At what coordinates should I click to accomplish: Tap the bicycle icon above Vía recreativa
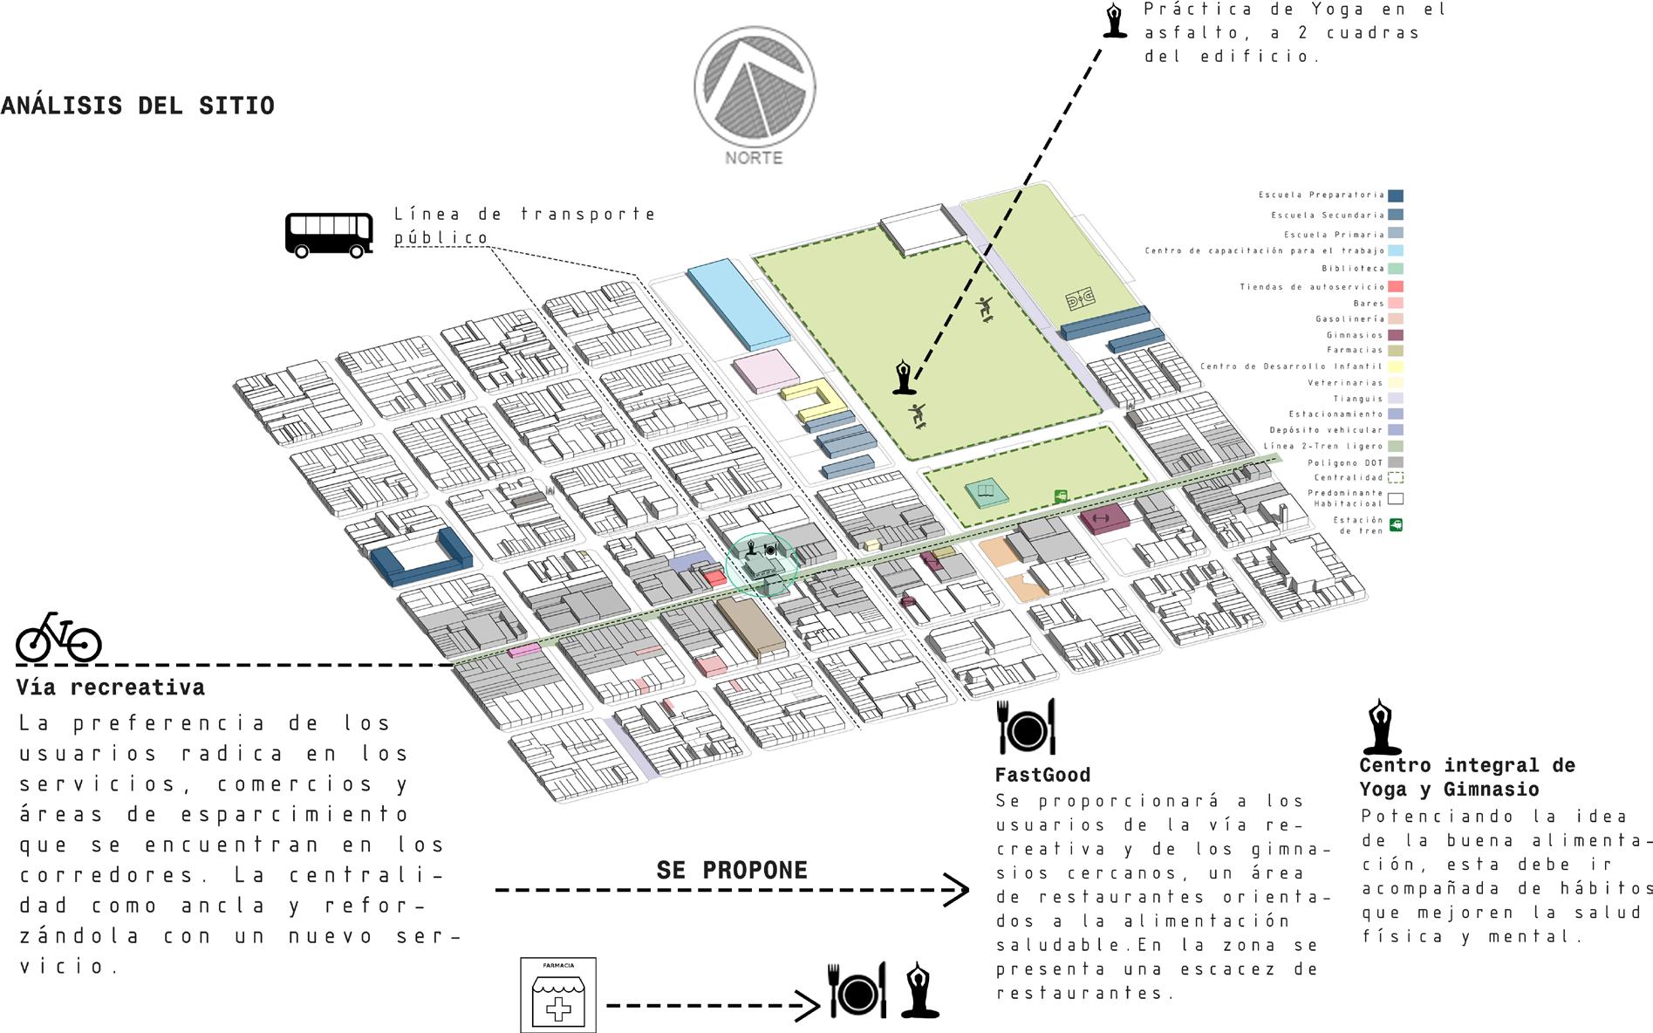[x=58, y=637]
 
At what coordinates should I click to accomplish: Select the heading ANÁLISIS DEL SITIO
[x=138, y=106]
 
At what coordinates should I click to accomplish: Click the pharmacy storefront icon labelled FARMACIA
[x=558, y=995]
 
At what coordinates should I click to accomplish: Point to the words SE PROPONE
[x=732, y=870]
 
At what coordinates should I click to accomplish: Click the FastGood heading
[x=1042, y=775]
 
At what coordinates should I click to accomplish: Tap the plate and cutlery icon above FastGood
[x=1027, y=726]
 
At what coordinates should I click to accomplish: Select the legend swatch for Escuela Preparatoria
[x=1396, y=196]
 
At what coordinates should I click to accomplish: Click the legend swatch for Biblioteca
[x=1396, y=269]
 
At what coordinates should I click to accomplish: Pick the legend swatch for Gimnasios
[x=1396, y=335]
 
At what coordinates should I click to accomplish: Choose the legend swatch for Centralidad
[x=1396, y=478]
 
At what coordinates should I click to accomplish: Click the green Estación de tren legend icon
[x=1396, y=525]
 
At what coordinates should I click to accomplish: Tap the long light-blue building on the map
[x=738, y=303]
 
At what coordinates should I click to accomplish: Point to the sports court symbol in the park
[x=1081, y=301]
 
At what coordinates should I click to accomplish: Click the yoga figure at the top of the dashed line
[x=1114, y=20]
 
